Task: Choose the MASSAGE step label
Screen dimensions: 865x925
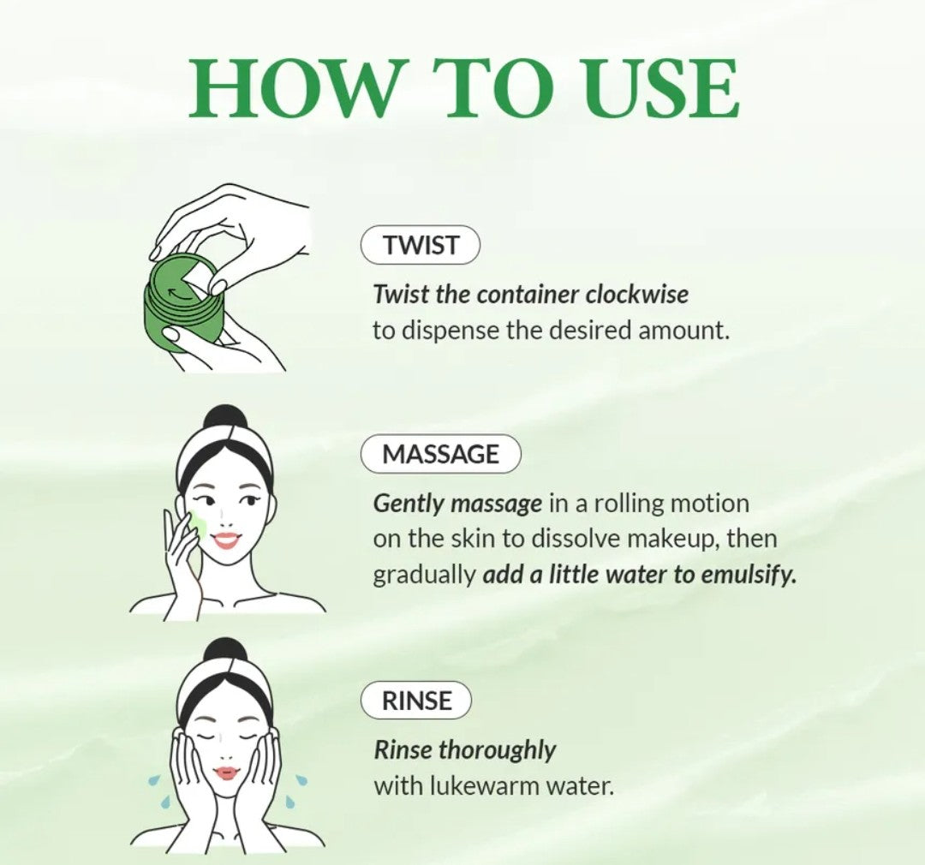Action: click(440, 454)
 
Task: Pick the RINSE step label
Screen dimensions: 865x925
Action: click(416, 701)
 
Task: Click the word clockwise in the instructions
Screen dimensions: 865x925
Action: click(637, 295)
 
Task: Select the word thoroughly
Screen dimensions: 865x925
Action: click(497, 751)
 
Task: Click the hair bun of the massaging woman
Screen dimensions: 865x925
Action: click(226, 417)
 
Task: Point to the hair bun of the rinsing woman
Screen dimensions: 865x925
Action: click(225, 652)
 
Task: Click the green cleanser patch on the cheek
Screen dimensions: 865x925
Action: click(198, 521)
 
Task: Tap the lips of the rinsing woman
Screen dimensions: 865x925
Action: click(226, 773)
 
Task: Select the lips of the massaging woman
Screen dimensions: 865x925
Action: click(226, 540)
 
